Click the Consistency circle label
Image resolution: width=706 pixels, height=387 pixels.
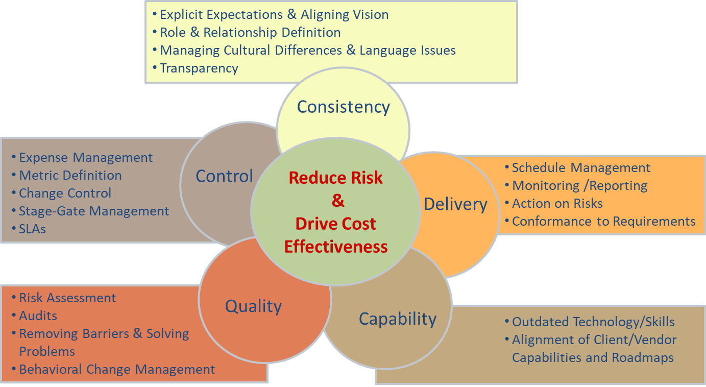point(343,107)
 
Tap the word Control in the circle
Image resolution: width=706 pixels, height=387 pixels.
point(224,176)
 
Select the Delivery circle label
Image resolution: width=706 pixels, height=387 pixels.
point(455,204)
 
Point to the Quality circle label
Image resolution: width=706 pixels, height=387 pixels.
point(253,306)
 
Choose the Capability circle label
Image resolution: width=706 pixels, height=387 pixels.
point(398,319)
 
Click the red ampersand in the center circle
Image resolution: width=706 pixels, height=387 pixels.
point(338,201)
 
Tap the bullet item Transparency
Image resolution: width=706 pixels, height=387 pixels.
point(199,68)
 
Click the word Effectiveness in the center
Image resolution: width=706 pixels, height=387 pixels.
point(336,247)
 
